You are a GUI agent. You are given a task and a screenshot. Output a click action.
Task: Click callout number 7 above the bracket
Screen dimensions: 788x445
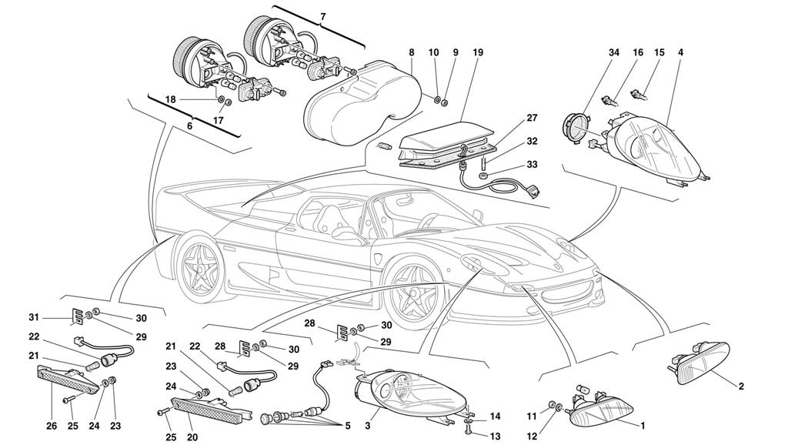(x=322, y=17)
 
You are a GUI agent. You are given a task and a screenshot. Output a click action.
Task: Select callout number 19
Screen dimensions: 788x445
(x=477, y=52)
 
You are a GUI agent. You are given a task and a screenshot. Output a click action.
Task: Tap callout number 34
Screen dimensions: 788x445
(x=614, y=52)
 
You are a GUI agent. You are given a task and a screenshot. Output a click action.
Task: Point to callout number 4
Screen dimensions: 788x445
(x=680, y=52)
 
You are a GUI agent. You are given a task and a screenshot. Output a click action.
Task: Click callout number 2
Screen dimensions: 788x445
(x=741, y=386)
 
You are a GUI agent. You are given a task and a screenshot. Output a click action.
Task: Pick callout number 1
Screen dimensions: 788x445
(x=642, y=426)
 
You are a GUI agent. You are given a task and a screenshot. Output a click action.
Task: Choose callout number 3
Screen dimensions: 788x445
(x=367, y=426)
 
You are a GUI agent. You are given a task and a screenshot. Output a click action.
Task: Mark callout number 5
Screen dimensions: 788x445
(x=347, y=427)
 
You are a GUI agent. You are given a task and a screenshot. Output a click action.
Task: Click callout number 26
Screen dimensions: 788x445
(x=52, y=427)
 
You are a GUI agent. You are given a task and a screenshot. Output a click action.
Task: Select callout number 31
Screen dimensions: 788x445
(x=34, y=317)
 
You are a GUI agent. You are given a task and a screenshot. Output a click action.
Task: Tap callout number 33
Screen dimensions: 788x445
(x=532, y=165)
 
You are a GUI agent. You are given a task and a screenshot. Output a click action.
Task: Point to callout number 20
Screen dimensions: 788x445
(x=192, y=437)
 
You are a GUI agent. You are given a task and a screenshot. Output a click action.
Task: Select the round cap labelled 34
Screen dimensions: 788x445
(x=576, y=127)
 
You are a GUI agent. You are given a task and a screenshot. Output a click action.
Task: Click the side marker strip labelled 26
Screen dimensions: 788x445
(x=68, y=380)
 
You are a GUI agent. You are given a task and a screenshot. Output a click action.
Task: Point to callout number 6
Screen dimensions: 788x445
(x=189, y=126)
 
